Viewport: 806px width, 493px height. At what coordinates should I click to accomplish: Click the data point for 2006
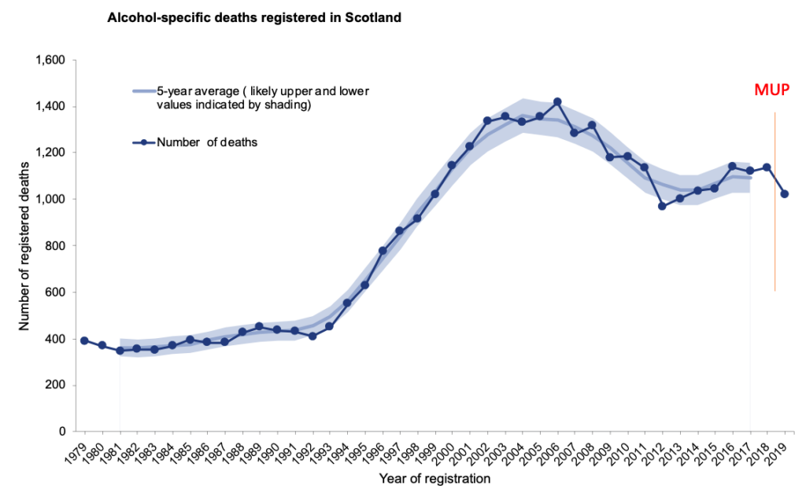pyautogui.click(x=557, y=101)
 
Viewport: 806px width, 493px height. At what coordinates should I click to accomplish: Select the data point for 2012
pyautogui.click(x=662, y=206)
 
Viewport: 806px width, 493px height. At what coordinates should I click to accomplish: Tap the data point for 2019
pyautogui.click(x=785, y=193)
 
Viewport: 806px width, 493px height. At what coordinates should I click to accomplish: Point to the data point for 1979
pyautogui.click(x=84, y=340)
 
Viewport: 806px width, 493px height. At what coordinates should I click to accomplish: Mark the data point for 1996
pyautogui.click(x=383, y=251)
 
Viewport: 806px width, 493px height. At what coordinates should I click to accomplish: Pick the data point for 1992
pyautogui.click(x=312, y=336)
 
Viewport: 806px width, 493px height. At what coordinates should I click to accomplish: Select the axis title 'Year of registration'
pyautogui.click(x=434, y=477)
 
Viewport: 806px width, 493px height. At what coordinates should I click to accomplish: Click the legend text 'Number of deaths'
pyautogui.click(x=208, y=142)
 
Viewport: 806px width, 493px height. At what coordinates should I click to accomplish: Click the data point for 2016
pyautogui.click(x=732, y=166)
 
